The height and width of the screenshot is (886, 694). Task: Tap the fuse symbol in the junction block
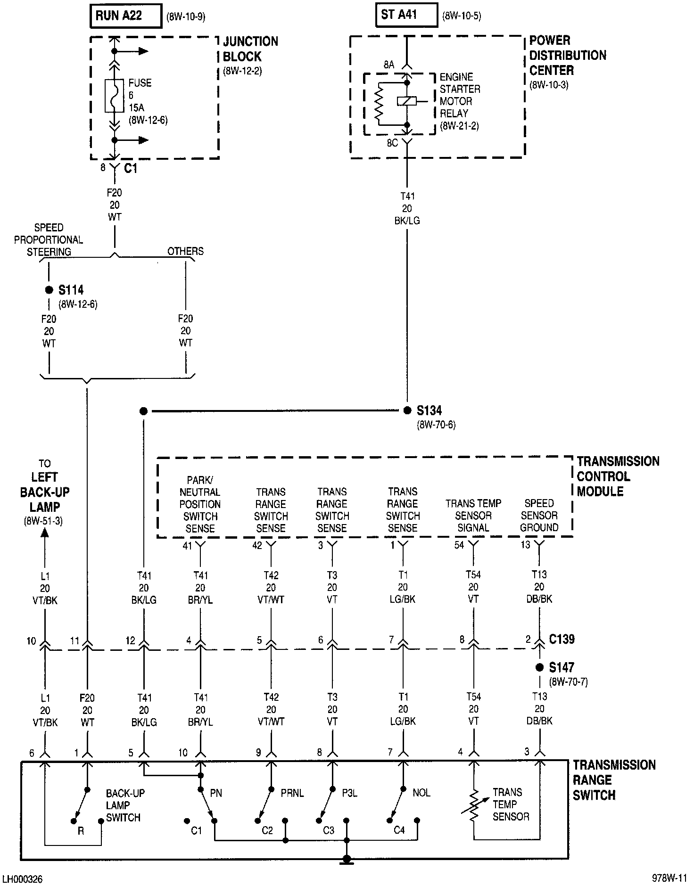tap(114, 96)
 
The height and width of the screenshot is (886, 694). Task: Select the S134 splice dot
tap(408, 411)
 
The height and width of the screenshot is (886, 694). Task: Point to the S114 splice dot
tap(49, 290)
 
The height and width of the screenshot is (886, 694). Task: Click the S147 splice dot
tap(539, 667)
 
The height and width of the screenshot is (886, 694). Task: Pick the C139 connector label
tap(562, 640)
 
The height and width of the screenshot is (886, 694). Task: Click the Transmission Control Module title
tap(618, 476)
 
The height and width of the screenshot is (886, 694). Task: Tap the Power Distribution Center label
tap(567, 56)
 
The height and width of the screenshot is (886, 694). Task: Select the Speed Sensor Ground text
tap(539, 516)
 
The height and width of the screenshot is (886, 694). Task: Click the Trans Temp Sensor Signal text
tap(473, 516)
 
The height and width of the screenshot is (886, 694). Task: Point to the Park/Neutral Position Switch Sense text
tap(200, 504)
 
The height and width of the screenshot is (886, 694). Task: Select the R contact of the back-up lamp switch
tap(74, 821)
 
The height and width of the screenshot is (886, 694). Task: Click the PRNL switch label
tap(292, 793)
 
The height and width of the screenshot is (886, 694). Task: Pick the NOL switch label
tap(421, 793)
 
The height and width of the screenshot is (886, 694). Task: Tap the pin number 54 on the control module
tap(459, 545)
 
